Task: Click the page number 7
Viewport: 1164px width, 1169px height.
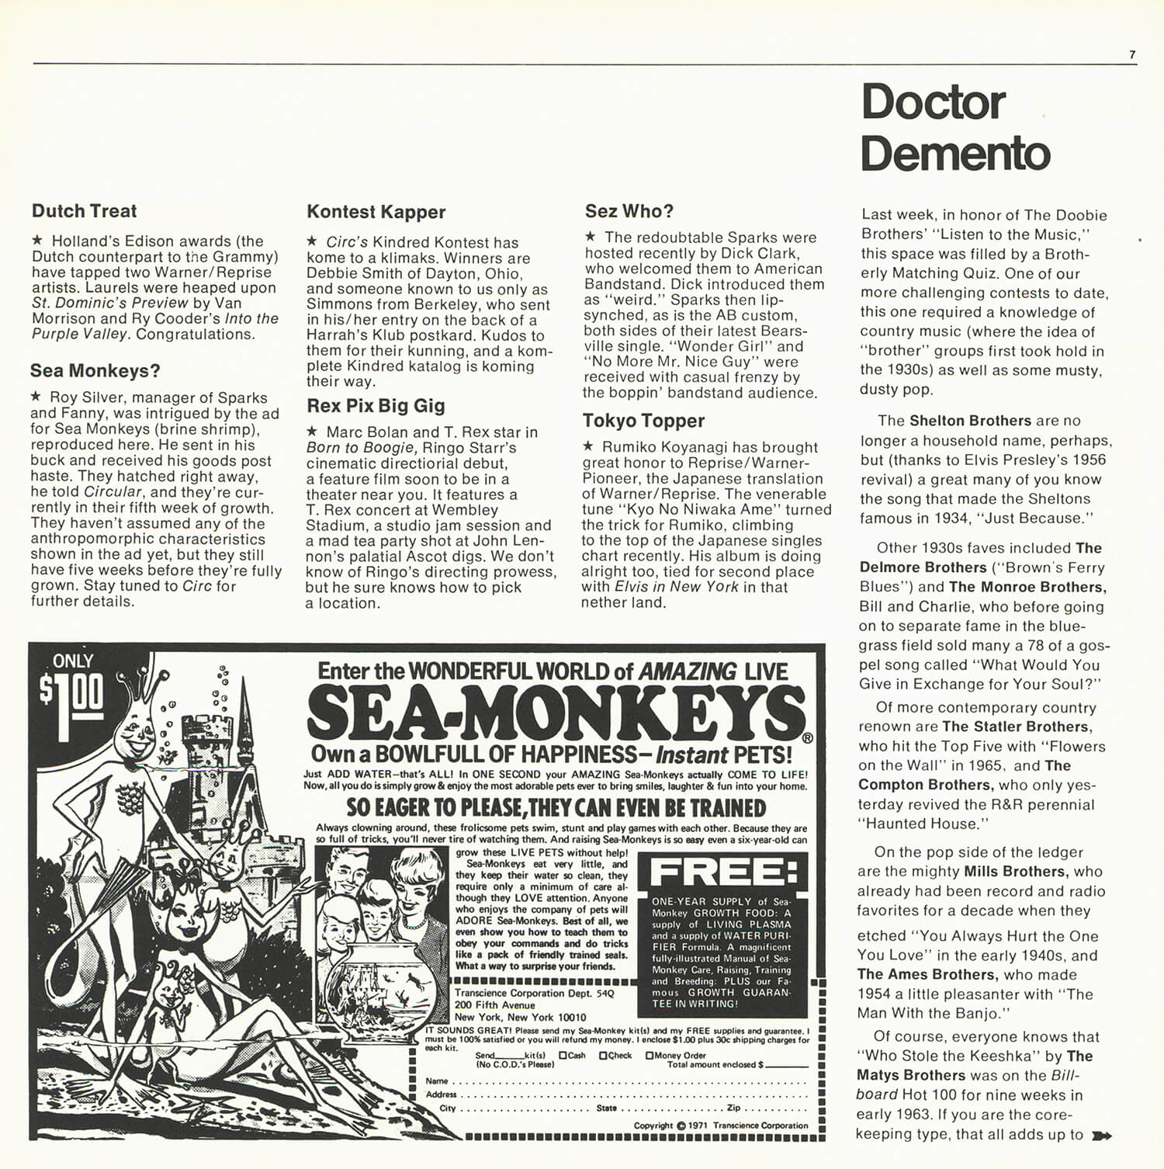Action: tap(1132, 55)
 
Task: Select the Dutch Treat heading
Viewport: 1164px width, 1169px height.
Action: tap(84, 211)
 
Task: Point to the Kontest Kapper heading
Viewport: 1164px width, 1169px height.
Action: tap(376, 212)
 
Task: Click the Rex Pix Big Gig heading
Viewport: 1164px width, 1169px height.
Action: tap(376, 406)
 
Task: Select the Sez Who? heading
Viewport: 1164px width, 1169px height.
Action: tap(629, 211)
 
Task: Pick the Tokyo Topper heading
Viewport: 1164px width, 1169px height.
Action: tap(643, 421)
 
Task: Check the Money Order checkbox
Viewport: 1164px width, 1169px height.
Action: tap(650, 1056)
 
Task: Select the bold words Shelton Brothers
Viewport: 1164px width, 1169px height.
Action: tap(970, 421)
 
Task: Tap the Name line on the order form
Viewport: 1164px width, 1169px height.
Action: tap(621, 1081)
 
